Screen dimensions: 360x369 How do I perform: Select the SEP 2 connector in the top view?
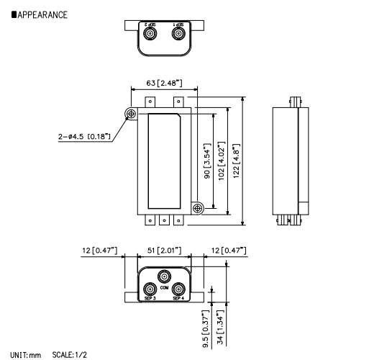150,33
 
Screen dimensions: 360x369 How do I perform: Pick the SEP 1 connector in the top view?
177,33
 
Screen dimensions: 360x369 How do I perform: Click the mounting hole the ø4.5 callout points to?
132,114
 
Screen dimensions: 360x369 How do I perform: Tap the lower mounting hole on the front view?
199,208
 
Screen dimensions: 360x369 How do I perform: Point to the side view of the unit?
292,161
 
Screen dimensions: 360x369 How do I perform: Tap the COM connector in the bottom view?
164,276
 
